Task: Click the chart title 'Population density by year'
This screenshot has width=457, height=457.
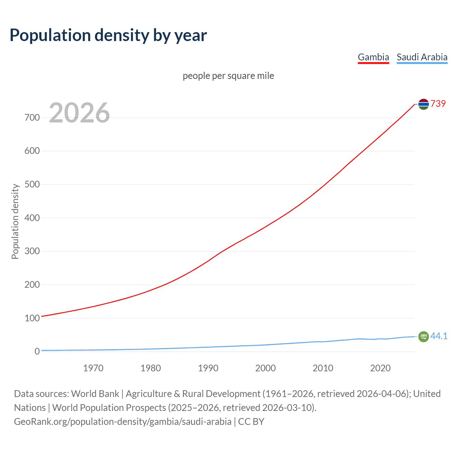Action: click(108, 35)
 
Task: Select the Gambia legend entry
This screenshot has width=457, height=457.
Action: click(373, 57)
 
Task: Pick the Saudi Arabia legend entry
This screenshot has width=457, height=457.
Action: click(422, 57)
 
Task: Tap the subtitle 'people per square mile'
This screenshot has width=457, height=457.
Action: click(228, 76)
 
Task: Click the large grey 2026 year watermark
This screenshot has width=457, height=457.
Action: click(79, 113)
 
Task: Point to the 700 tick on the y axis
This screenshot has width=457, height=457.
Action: click(32, 117)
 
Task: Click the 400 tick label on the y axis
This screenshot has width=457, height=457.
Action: click(32, 218)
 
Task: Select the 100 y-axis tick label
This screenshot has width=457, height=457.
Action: click(32, 318)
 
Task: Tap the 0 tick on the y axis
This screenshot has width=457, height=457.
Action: click(37, 351)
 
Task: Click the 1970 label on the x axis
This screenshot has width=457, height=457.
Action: click(93, 368)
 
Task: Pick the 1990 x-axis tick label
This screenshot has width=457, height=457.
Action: click(208, 368)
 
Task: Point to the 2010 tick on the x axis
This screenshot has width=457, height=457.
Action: click(323, 368)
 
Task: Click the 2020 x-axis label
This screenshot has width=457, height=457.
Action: click(380, 368)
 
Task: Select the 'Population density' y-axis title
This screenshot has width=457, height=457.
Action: click(15, 221)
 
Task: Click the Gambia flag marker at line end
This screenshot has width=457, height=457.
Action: click(423, 104)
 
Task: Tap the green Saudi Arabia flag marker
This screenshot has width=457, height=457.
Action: click(423, 336)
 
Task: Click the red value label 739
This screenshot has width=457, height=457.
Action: click(438, 104)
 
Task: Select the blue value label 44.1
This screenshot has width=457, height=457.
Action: click(439, 336)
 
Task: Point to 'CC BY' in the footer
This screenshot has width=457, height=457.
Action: click(251, 422)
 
